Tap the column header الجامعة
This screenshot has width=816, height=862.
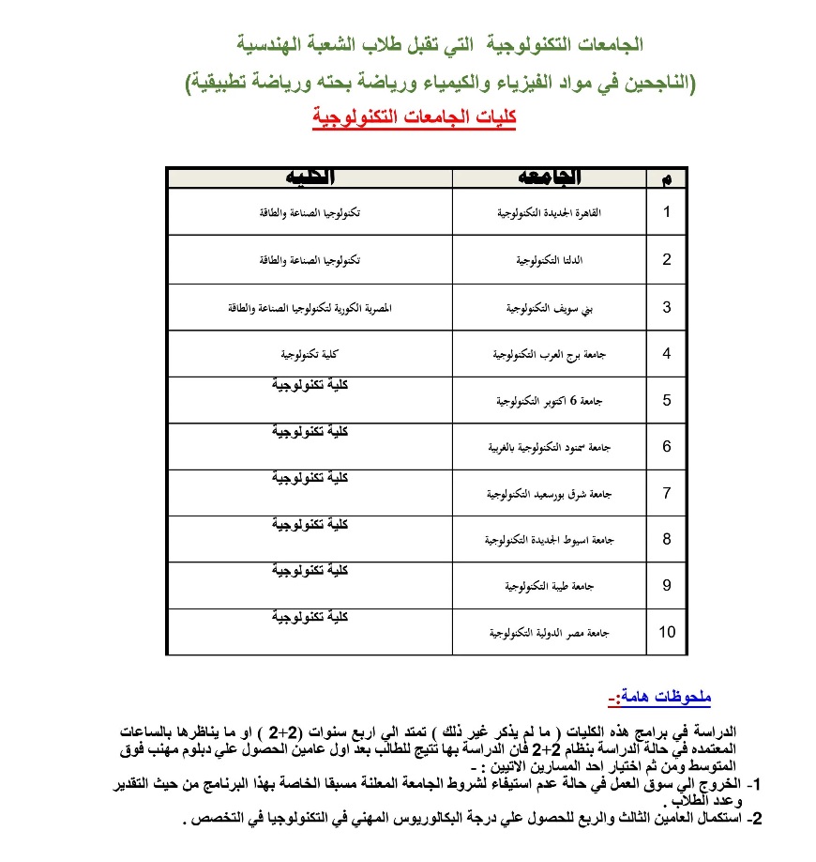point(550,177)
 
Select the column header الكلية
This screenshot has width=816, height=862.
point(310,177)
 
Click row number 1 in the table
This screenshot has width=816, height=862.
point(667,212)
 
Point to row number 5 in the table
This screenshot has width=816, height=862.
point(667,400)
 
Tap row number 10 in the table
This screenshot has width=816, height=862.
point(667,632)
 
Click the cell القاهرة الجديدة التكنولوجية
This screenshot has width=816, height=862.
point(550,213)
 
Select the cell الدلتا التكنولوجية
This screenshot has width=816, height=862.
point(550,260)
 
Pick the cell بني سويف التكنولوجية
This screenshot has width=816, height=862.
point(550,307)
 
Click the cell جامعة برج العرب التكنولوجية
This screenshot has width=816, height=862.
point(550,354)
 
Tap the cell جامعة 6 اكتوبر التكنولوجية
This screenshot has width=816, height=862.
point(550,401)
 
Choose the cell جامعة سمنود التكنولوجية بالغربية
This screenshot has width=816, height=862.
point(550,448)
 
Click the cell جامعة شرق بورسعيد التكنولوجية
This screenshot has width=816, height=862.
point(550,493)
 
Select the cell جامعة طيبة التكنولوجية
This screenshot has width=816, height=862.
point(550,586)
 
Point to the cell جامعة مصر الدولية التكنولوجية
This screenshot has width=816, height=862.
point(550,633)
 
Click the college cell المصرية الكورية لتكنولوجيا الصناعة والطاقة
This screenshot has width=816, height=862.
point(310,307)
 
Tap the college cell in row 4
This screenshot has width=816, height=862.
point(310,354)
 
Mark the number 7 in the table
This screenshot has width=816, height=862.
point(667,493)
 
